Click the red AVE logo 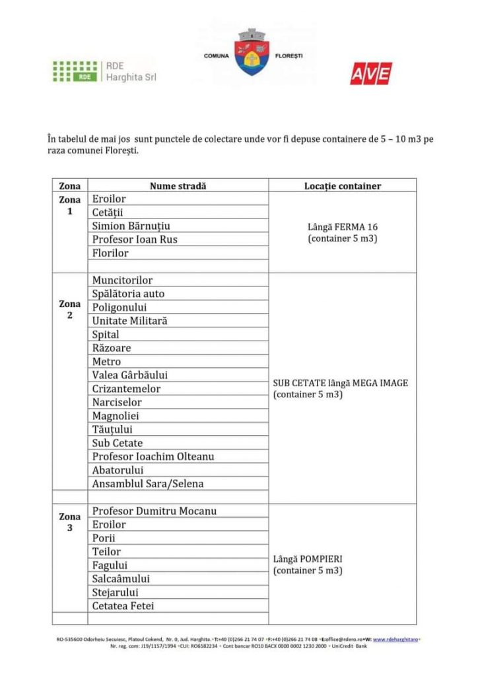tap(370, 73)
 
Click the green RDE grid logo tap(75, 71)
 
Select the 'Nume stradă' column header tap(178, 186)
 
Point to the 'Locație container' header tap(342, 186)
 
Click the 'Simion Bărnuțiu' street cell tap(131, 226)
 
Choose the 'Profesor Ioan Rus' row tap(135, 239)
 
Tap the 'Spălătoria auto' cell tap(128, 294)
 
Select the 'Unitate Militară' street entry tap(129, 321)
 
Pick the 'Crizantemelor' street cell tap(126, 389)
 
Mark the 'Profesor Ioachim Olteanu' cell tap(153, 456)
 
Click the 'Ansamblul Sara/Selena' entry tap(148, 483)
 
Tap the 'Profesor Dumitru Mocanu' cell tap(154, 511)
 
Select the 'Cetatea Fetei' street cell tap(123, 605)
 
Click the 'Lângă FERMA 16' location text tap(342, 226)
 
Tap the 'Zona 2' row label tap(70, 310)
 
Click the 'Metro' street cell tap(106, 362)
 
